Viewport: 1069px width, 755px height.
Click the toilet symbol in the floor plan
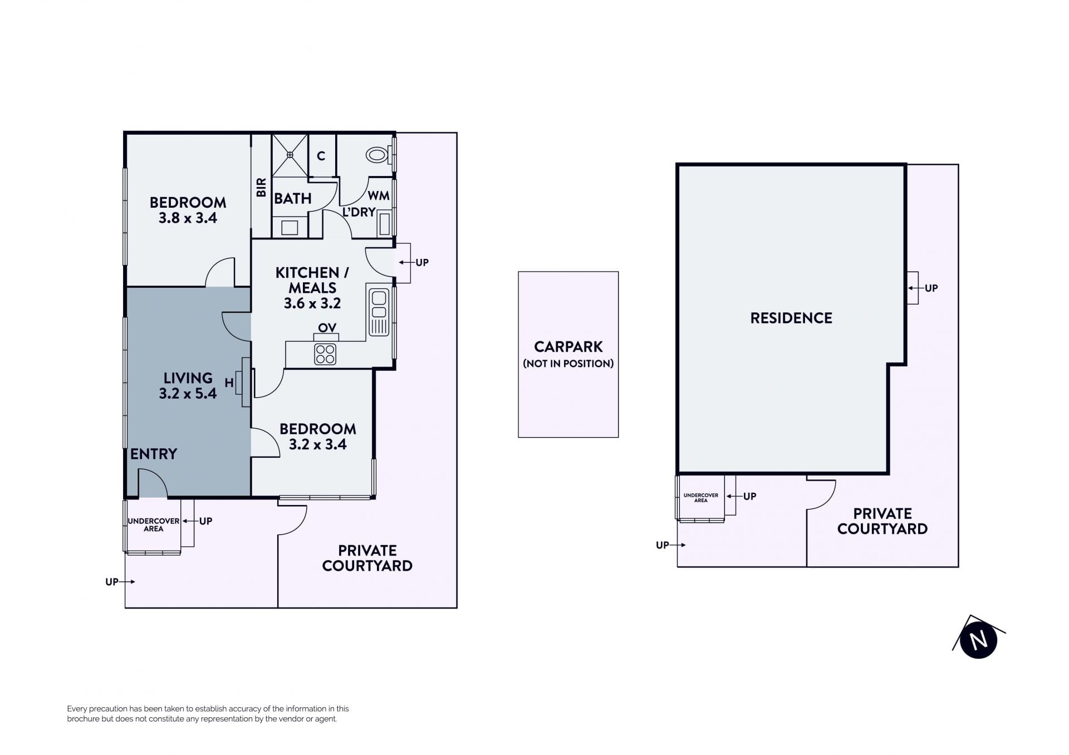[x=378, y=154]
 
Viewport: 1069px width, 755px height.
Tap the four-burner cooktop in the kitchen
[x=325, y=354]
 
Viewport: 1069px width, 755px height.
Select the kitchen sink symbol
[x=379, y=312]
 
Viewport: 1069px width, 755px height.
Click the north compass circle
[x=978, y=640]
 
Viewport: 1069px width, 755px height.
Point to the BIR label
[x=261, y=187]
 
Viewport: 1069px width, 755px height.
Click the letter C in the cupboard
[x=321, y=156]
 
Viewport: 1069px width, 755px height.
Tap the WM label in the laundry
[x=379, y=195]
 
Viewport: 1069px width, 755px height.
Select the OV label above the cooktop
[x=327, y=327]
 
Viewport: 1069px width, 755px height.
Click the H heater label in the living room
[x=229, y=383]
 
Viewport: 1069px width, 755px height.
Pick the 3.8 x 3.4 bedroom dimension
[x=188, y=218]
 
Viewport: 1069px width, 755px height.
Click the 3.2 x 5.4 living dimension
[x=188, y=393]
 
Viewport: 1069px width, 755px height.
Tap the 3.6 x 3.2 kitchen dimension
[x=312, y=303]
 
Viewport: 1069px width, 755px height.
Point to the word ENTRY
[x=154, y=454]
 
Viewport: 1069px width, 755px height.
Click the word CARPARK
[x=568, y=347]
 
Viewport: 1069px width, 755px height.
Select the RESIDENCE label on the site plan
[x=791, y=318]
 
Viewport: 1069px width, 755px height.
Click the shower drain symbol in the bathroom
[x=290, y=155]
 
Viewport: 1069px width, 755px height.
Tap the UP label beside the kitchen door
[x=422, y=262]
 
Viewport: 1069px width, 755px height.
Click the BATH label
[x=293, y=198]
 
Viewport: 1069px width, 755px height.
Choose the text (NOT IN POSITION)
[x=568, y=364]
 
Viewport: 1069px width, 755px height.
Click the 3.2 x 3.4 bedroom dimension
[x=318, y=444]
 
